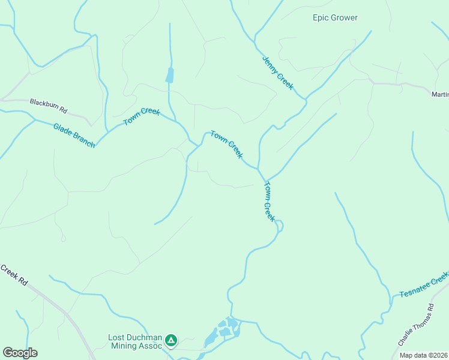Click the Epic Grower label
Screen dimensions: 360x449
pos(335,17)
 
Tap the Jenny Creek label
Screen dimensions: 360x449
pos(278,73)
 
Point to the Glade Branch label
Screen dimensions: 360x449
pos(74,135)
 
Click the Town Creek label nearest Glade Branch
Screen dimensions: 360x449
pos(142,116)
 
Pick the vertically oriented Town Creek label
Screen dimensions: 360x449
pos(269,202)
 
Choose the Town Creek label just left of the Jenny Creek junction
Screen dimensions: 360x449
pos(227,145)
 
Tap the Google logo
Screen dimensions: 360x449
pos(20,353)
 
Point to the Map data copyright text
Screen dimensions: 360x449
pos(423,355)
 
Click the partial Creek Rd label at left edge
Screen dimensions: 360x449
pos(14,275)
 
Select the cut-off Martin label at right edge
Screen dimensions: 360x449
pos(440,94)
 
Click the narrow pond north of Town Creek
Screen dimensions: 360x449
pos(169,76)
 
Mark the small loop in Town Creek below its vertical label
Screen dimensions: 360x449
pos(279,226)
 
